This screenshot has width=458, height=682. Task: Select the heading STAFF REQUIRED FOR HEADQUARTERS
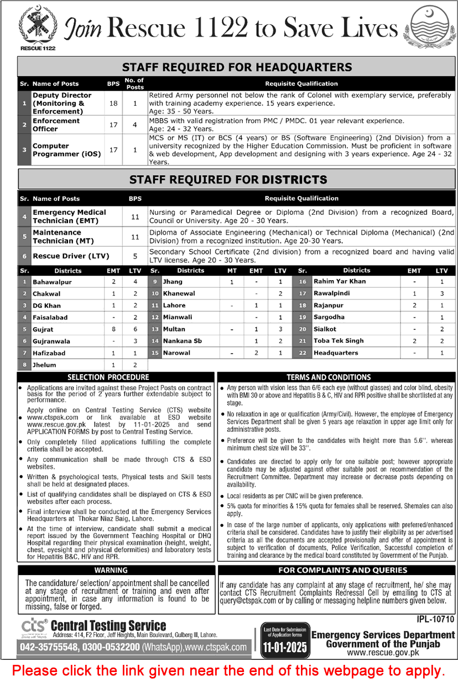[237, 68]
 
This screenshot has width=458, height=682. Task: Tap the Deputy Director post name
[62, 104]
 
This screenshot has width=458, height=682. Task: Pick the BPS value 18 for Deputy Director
[113, 104]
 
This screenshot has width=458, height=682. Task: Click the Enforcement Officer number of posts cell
[135, 125]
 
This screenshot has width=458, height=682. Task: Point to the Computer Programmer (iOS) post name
[66, 150]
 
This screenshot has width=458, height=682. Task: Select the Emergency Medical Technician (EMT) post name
[69, 216]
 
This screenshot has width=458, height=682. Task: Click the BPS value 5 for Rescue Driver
[135, 256]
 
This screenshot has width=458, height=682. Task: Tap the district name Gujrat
[44, 329]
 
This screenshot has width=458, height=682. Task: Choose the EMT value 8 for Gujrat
[113, 329]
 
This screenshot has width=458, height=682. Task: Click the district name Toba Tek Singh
[339, 341]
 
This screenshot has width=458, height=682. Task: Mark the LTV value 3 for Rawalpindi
[441, 293]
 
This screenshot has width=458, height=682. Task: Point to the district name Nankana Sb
[182, 341]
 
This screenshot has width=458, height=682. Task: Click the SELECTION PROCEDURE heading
[116, 377]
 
